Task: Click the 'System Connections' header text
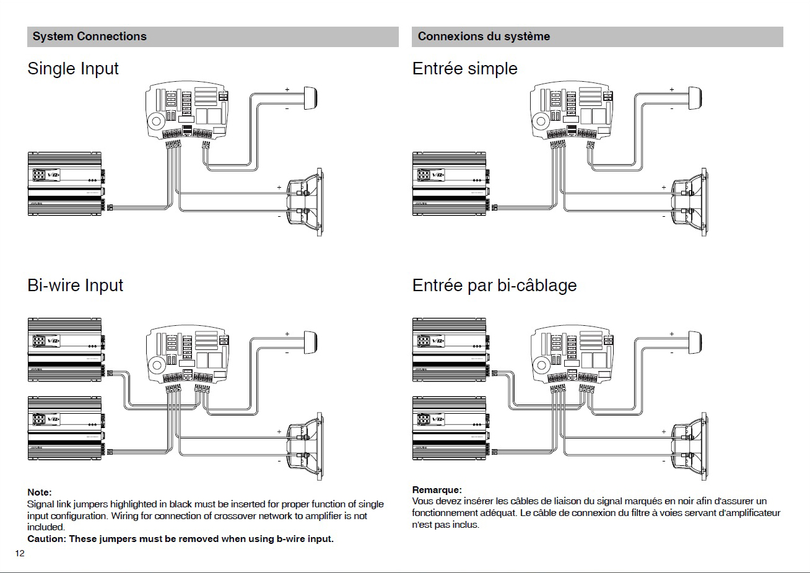coord(89,37)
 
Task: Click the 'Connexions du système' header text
coord(484,37)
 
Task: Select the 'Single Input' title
coord(73,69)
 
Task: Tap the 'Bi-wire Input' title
coord(75,286)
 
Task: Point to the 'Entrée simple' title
coord(464,69)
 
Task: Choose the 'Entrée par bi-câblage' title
coord(494,286)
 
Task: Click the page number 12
coord(20,553)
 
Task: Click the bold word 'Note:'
coord(40,492)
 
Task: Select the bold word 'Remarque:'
coord(437,490)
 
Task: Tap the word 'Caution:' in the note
coord(46,539)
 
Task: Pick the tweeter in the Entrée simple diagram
coord(695,98)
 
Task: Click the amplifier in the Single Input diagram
coord(65,184)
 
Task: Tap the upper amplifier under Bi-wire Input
coord(65,349)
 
